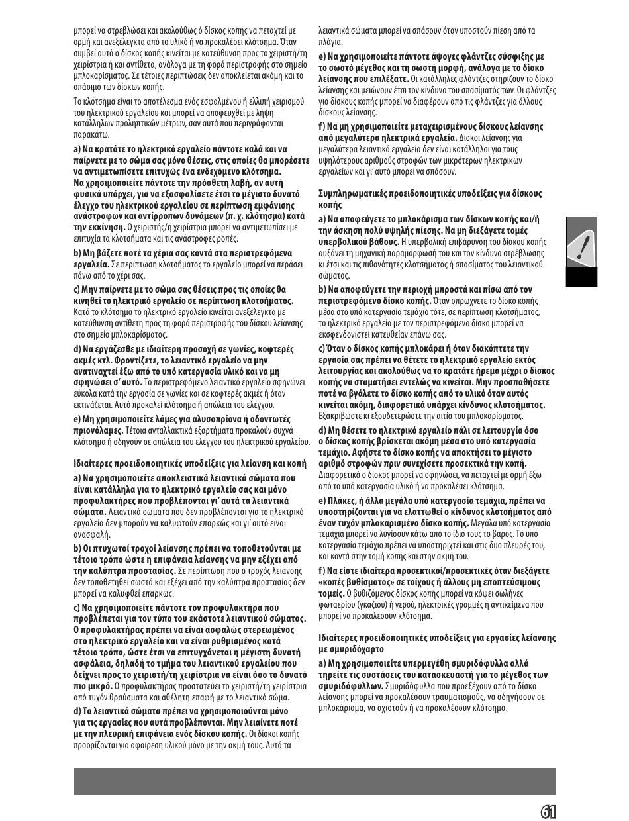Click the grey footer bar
click(314, 781)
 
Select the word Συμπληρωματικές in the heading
click(352, 193)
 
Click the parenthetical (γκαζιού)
click(370, 604)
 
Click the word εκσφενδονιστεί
click(350, 334)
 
